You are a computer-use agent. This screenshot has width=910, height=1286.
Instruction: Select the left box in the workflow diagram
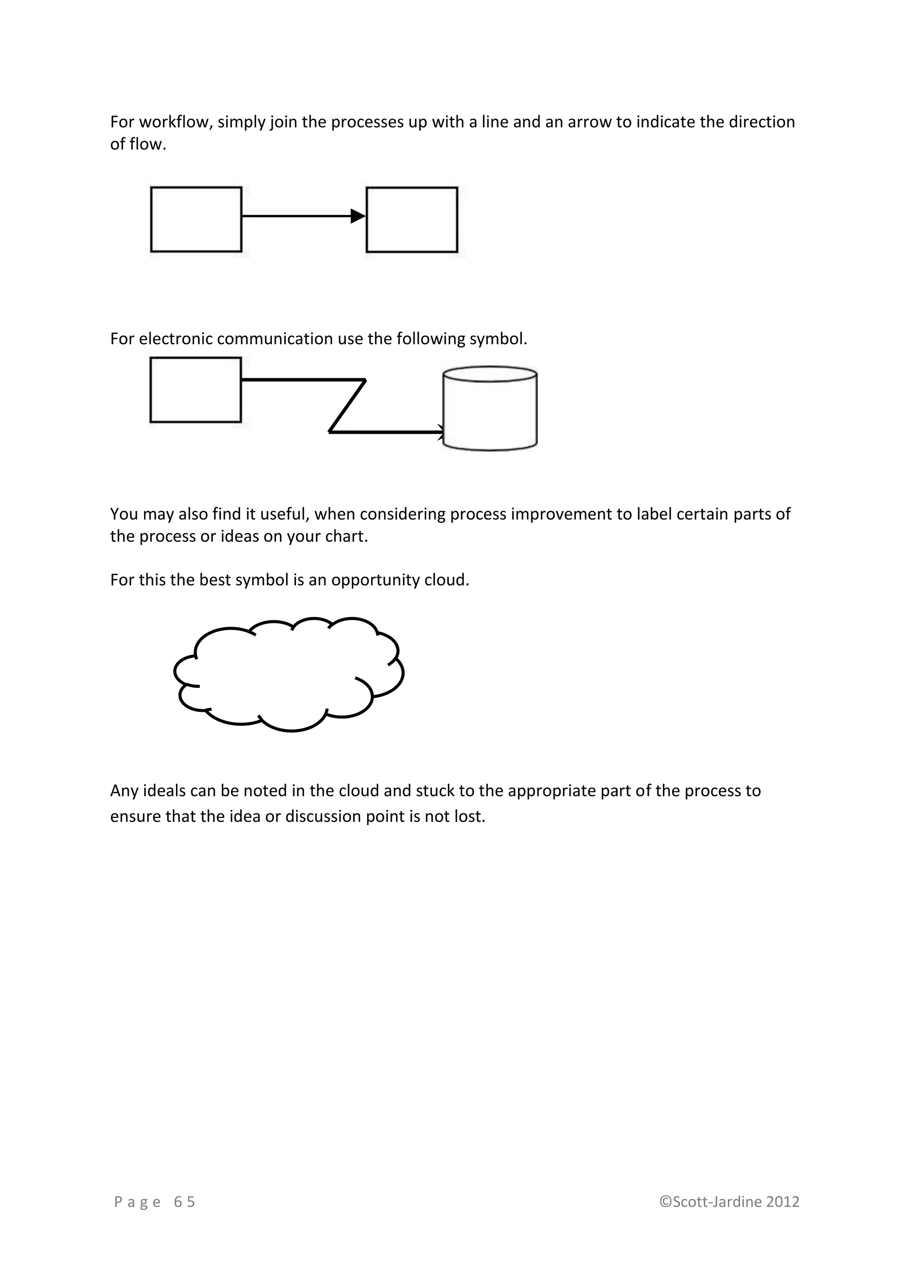point(196,219)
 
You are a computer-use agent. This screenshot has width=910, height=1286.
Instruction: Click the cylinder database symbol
point(490,409)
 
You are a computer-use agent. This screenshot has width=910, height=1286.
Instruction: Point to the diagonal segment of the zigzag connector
point(347,406)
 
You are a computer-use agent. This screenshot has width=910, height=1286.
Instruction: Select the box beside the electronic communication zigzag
point(196,390)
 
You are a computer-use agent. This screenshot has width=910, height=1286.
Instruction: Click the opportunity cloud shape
point(288,675)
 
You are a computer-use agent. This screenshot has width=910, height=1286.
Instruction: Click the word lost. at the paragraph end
point(470,817)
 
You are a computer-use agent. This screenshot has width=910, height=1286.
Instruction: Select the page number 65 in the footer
point(184,1202)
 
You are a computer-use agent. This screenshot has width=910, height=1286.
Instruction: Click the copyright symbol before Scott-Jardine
point(666,1202)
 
